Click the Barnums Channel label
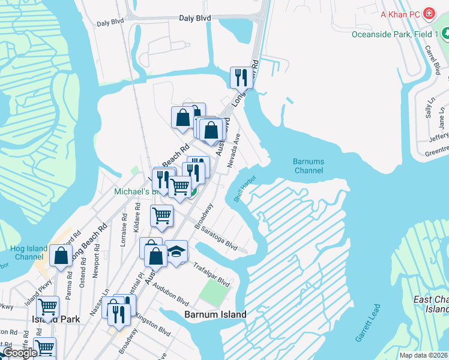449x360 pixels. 309,166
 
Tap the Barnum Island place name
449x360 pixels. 215,314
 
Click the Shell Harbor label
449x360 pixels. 245,188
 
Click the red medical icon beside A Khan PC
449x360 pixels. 429,13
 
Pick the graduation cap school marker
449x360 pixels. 176,251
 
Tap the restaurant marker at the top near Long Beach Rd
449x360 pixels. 241,77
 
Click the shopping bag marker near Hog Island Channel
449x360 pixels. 61,256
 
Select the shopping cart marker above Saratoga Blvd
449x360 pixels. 161,215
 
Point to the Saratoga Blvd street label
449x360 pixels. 220,239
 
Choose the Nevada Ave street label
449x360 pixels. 234,149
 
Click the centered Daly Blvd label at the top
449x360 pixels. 195,19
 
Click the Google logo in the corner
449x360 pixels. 20,353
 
